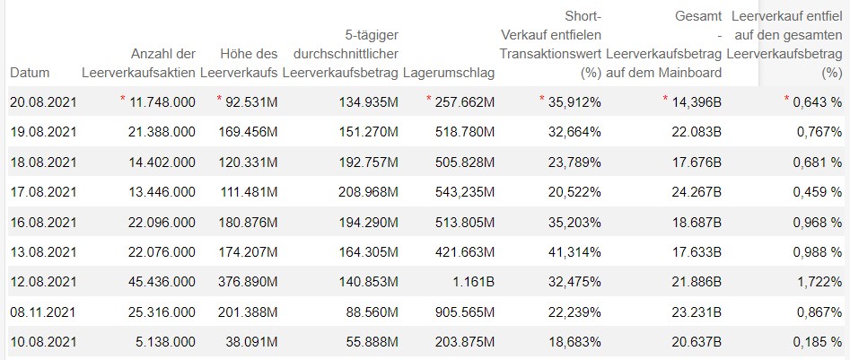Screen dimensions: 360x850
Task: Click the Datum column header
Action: click(31, 72)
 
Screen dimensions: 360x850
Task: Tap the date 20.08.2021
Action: click(43, 102)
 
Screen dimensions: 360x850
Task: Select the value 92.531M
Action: click(250, 102)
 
